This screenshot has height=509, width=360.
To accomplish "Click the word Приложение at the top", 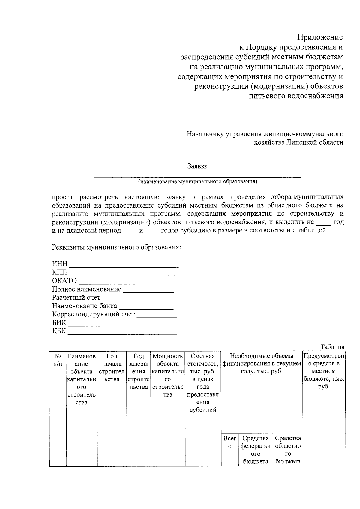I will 320,37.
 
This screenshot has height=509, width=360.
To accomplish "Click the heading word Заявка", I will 197,166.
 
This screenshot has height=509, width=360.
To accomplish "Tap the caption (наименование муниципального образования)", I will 198,181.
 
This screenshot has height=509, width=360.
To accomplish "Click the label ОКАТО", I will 64,281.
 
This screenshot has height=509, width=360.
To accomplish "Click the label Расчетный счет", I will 76,298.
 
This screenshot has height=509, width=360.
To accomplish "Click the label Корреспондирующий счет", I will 93,315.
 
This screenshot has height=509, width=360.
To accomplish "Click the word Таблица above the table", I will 332,347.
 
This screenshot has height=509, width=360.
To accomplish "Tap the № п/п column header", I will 58,360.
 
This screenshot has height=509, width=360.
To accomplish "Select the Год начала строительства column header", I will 112,368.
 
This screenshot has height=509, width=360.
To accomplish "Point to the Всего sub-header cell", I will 230,442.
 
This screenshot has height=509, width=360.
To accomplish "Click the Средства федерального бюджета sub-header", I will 256,450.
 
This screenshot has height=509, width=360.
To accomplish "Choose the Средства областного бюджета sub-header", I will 288,450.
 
